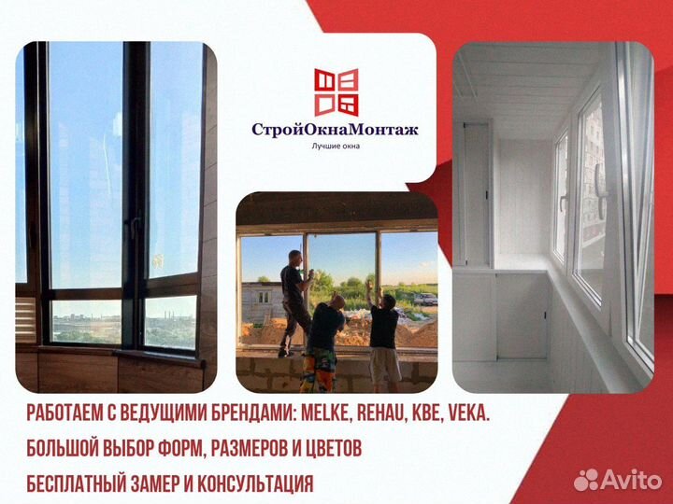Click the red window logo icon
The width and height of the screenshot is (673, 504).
tap(336, 91)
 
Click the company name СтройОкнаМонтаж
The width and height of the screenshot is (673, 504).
tap(335, 130)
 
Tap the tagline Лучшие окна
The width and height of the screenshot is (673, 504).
tap(335, 146)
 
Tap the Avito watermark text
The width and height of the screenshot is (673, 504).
tap(631, 479)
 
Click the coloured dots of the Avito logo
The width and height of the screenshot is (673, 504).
tap(586, 480)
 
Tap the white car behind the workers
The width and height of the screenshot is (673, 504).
tap(425, 299)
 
